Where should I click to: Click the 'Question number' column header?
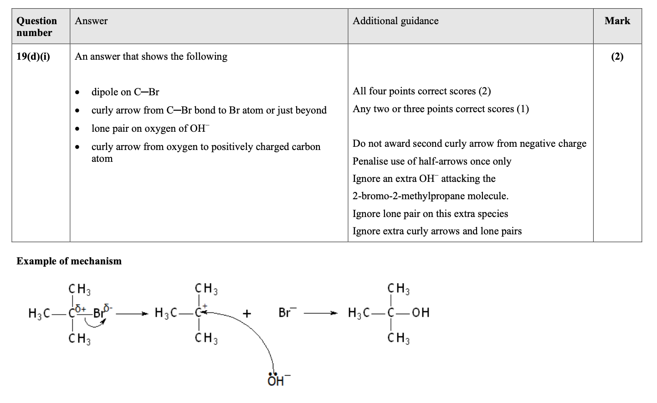(x=36, y=26)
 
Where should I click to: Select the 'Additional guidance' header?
(x=395, y=21)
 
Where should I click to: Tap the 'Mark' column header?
(x=617, y=21)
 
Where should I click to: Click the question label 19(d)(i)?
(x=33, y=57)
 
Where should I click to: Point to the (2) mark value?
(x=617, y=57)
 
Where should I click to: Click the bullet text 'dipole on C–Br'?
(x=125, y=92)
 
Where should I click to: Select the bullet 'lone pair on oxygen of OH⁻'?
(x=150, y=129)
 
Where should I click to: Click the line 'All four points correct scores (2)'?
(x=421, y=91)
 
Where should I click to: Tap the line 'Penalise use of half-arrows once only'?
(x=432, y=161)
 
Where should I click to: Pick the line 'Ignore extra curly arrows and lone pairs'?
(x=437, y=231)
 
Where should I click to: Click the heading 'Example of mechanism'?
(x=69, y=261)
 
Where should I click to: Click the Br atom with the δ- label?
(x=99, y=313)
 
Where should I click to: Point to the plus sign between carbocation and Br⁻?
(x=246, y=313)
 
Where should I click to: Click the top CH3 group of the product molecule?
(x=398, y=289)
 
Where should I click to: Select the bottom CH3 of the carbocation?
(x=206, y=338)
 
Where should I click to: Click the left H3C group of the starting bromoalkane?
(x=39, y=313)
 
